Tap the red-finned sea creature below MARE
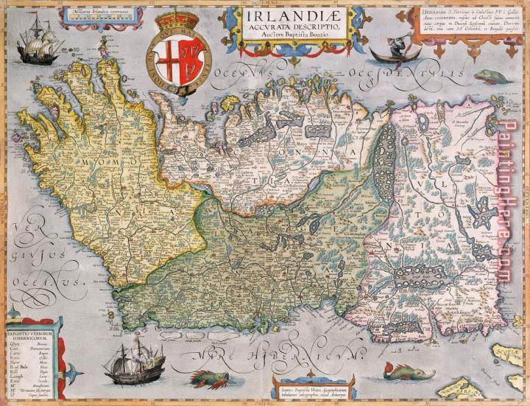(x=210, y=379)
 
